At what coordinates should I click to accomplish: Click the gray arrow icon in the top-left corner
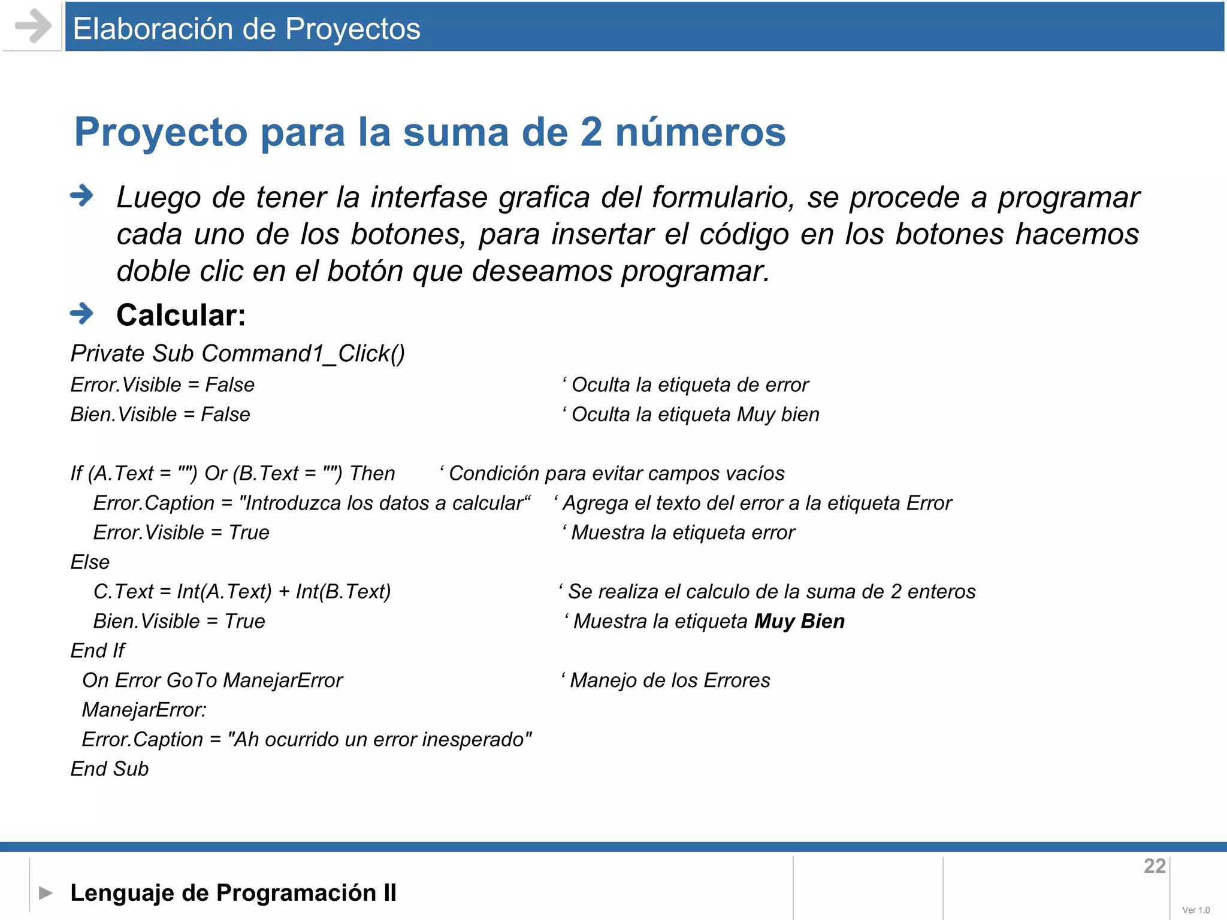[x=33, y=26]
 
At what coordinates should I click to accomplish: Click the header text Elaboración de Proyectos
[x=246, y=29]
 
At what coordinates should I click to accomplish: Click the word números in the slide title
[x=700, y=132]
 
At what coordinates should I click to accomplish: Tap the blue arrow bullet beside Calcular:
[x=81, y=313]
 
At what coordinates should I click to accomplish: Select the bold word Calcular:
[x=181, y=315]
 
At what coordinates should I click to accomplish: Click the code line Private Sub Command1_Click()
[x=238, y=353]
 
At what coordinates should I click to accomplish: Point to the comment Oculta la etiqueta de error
[x=689, y=385]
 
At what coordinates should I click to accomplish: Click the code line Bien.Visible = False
[x=160, y=414]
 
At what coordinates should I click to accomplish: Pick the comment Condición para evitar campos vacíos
[x=616, y=473]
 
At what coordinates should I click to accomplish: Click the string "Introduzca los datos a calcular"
[x=385, y=503]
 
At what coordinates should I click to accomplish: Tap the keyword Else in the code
[x=90, y=562]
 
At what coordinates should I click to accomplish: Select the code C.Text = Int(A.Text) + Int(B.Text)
[x=242, y=592]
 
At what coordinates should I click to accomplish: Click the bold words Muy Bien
[x=799, y=621]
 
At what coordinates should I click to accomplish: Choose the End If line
[x=98, y=650]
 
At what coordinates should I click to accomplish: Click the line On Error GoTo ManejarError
[x=212, y=680]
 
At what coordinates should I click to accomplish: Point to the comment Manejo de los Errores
[x=669, y=680]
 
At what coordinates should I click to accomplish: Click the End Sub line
[x=110, y=769]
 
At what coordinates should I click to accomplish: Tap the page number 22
[x=1154, y=866]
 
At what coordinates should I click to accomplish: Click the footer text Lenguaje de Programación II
[x=233, y=892]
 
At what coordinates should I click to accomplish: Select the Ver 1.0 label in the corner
[x=1196, y=910]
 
